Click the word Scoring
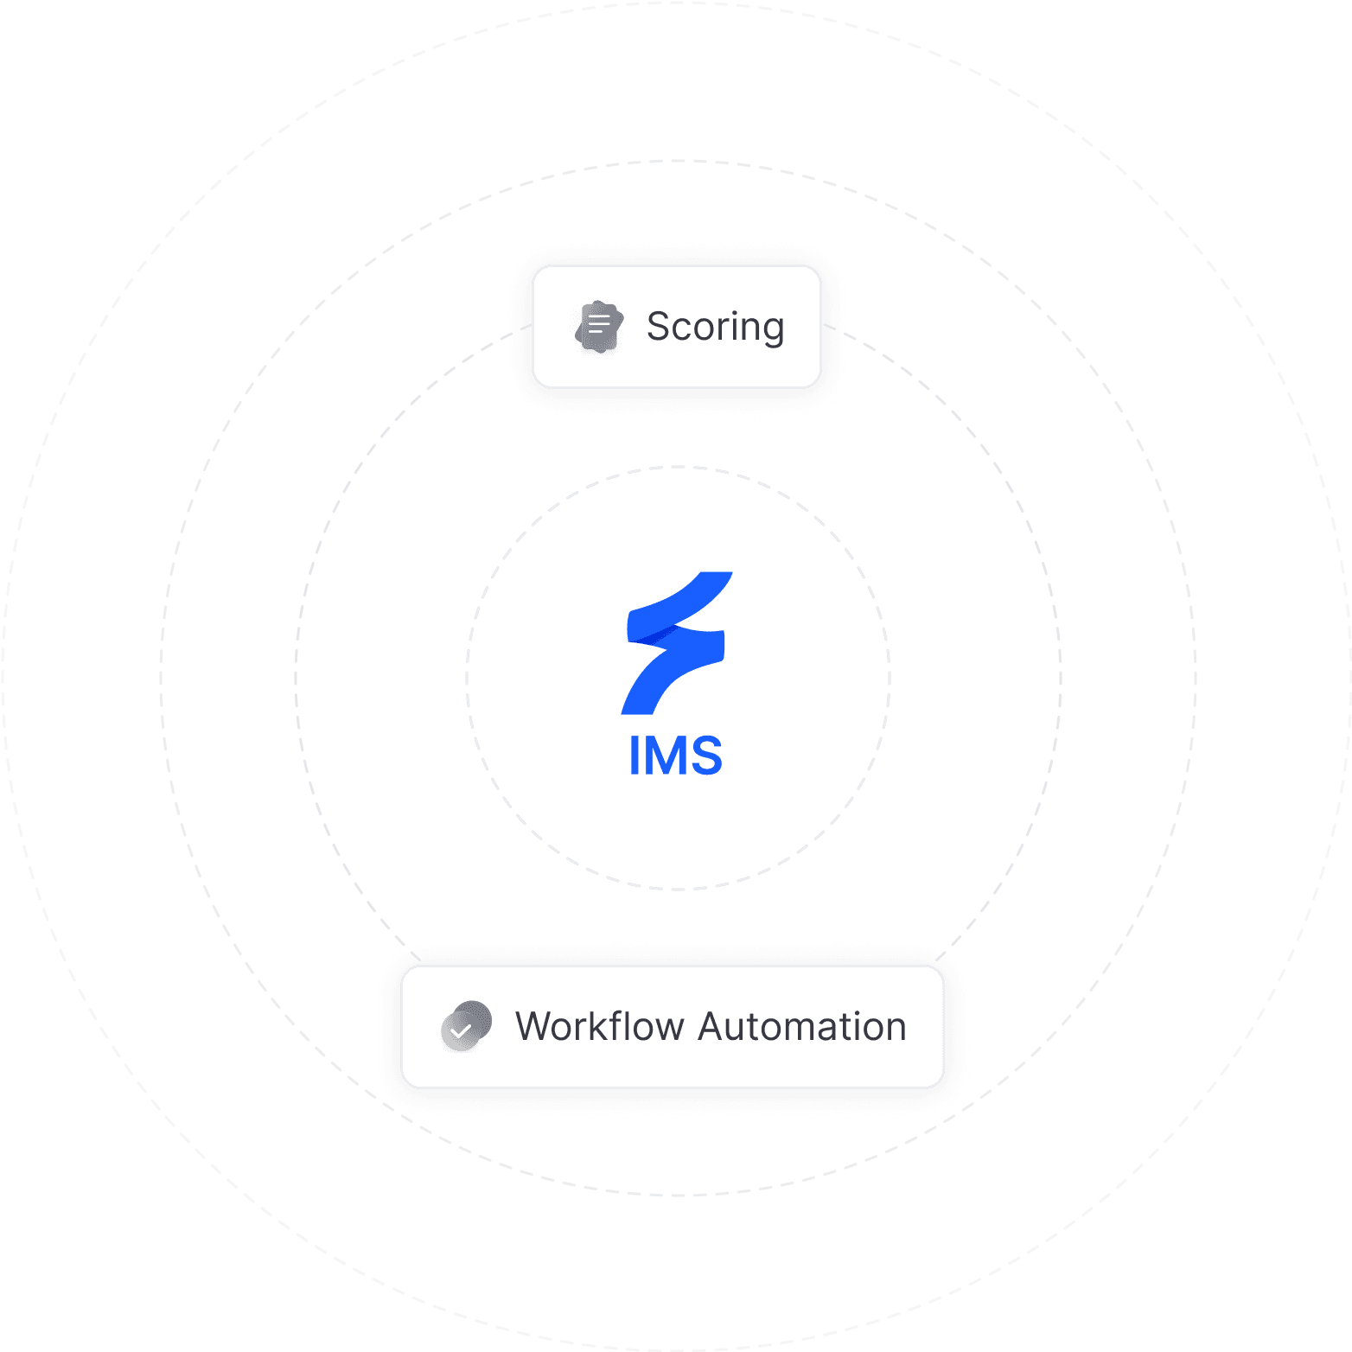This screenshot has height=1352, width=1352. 715,327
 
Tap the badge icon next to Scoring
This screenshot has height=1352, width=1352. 599,327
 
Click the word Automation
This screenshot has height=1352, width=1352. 801,1027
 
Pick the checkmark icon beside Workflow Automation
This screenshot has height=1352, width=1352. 465,1027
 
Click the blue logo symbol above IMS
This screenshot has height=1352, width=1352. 677,643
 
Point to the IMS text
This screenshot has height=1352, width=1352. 676,756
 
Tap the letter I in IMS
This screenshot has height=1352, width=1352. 635,756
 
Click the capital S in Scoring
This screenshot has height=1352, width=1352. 660,327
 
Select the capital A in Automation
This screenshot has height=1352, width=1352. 713,1027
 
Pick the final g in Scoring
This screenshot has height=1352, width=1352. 773,331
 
